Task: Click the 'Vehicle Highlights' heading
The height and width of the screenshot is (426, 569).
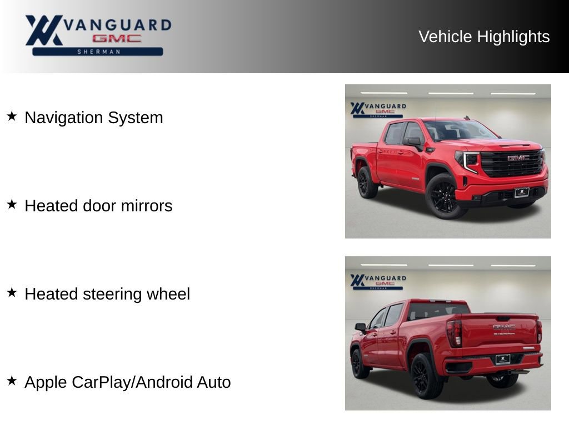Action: click(484, 37)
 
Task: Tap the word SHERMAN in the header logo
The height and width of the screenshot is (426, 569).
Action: click(98, 52)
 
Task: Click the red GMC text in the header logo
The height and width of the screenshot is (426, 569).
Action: click(117, 38)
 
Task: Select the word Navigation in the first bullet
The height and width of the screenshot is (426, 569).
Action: click(63, 118)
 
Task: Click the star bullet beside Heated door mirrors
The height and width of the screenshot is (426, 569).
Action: click(12, 204)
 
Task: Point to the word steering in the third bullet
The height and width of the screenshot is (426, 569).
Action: click(112, 294)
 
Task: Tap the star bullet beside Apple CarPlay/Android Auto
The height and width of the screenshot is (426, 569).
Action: click(12, 381)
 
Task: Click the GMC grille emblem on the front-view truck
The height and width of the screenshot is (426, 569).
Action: click(518, 158)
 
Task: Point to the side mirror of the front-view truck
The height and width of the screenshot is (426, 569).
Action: click(413, 142)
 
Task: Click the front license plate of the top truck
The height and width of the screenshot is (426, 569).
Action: click(521, 192)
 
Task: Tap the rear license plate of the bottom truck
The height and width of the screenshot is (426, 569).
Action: click(502, 359)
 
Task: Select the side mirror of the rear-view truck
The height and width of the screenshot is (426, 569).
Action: click(361, 327)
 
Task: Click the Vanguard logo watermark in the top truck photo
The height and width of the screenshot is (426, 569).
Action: click(378, 110)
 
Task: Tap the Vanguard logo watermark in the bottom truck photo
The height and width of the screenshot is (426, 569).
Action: click(378, 282)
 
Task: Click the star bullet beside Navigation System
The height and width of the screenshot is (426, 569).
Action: click(12, 116)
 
